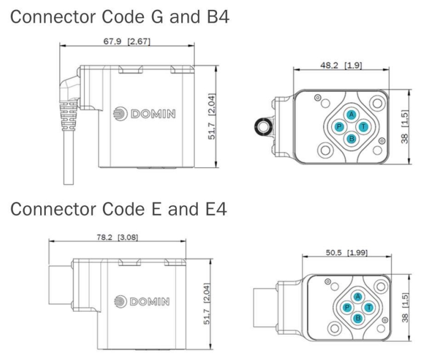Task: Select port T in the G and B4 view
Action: pyautogui.click(x=363, y=126)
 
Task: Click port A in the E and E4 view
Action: pyautogui.click(x=358, y=297)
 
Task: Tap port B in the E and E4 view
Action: pyautogui.click(x=358, y=318)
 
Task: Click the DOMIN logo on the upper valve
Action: pyautogui.click(x=146, y=115)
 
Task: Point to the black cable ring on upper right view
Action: pyautogui.click(x=261, y=128)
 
